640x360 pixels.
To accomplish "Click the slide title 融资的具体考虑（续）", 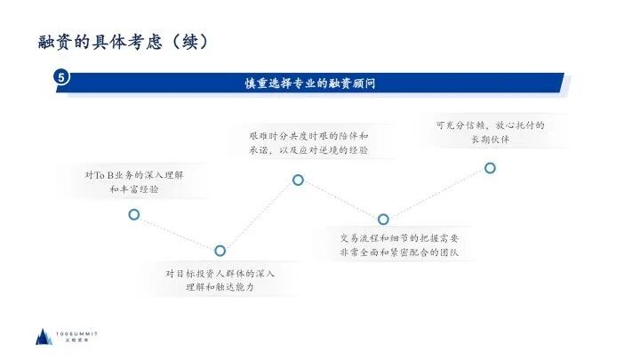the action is tap(124, 41).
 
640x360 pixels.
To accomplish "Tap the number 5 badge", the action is tap(61, 78).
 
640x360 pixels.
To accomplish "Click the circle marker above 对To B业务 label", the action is tap(134, 214).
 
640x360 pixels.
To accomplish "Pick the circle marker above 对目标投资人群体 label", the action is tap(220, 251).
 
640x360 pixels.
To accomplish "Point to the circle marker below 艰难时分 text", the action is tap(298, 180).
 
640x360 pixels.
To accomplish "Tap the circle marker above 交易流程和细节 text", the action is tap(383, 219).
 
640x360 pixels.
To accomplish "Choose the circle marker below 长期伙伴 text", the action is tap(490, 168).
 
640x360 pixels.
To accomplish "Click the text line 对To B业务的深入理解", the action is tap(135, 175).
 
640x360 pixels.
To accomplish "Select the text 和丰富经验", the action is tap(135, 190).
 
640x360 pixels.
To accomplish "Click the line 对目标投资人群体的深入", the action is tap(220, 273).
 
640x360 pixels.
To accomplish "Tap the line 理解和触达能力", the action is tap(220, 288).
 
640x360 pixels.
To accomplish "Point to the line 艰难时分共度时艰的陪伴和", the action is tap(308, 135).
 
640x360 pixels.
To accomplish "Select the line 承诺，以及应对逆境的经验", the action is tap(308, 150).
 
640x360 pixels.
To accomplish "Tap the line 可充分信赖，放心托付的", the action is tap(490, 125).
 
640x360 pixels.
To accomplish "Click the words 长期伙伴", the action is tap(490, 140).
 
